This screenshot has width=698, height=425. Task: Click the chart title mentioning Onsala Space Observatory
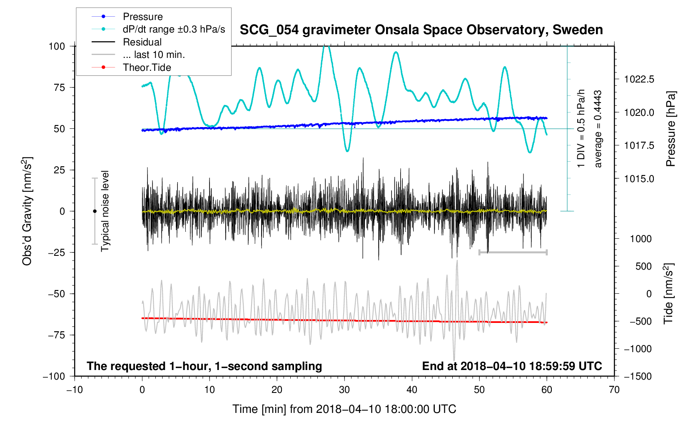(x=421, y=30)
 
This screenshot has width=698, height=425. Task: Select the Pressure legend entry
(x=142, y=17)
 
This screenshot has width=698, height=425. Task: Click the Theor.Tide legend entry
(x=147, y=67)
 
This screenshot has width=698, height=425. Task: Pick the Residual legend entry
(x=142, y=42)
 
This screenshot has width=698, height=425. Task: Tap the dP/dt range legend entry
(x=174, y=29)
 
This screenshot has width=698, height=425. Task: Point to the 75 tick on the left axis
(x=60, y=87)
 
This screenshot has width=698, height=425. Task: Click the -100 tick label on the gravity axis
(x=54, y=376)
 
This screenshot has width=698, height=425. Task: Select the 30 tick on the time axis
(x=344, y=390)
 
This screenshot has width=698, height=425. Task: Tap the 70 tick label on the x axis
(x=614, y=390)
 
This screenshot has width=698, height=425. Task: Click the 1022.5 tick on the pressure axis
(x=639, y=79)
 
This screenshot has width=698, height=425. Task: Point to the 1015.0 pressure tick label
(x=639, y=179)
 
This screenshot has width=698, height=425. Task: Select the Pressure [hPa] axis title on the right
(x=671, y=129)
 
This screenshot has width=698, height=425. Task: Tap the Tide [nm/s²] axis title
(x=669, y=293)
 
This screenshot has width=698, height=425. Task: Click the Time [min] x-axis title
(x=344, y=409)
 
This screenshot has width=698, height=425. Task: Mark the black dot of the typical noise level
(x=95, y=211)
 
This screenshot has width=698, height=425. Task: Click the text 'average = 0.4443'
(x=598, y=129)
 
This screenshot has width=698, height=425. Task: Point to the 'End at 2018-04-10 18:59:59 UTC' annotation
(x=512, y=366)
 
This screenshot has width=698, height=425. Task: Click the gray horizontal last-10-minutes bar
(x=513, y=252)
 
